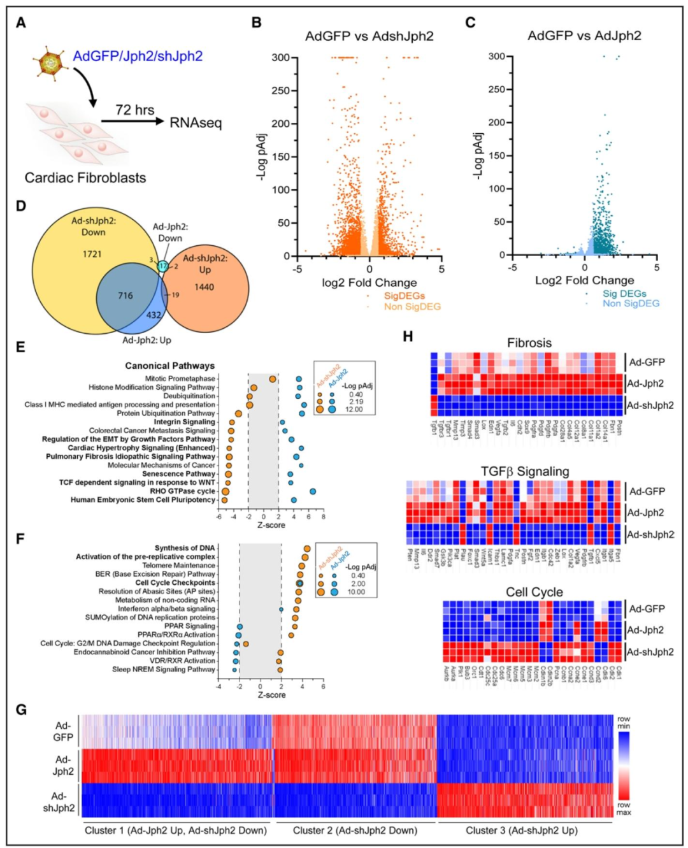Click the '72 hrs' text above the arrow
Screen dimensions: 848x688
(x=134, y=110)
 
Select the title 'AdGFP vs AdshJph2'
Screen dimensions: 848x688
(x=369, y=36)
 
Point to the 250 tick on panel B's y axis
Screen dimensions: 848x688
(x=280, y=90)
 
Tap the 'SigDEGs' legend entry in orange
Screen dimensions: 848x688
(x=404, y=296)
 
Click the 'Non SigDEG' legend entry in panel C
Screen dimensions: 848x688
(x=631, y=303)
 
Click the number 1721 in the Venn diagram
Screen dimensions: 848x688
(x=92, y=254)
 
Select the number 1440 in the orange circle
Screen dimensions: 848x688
(x=204, y=287)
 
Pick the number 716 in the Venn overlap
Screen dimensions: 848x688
(x=125, y=295)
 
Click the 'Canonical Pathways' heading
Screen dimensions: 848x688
(x=169, y=366)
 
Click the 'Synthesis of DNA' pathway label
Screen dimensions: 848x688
(x=185, y=548)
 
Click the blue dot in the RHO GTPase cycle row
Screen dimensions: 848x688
(x=313, y=491)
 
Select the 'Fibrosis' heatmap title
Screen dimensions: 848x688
(x=529, y=343)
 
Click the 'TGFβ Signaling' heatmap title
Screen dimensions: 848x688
(x=524, y=471)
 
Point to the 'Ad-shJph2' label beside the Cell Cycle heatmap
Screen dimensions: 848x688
(x=650, y=652)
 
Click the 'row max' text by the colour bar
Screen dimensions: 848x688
(x=624, y=808)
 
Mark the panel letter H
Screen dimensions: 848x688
(x=408, y=336)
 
